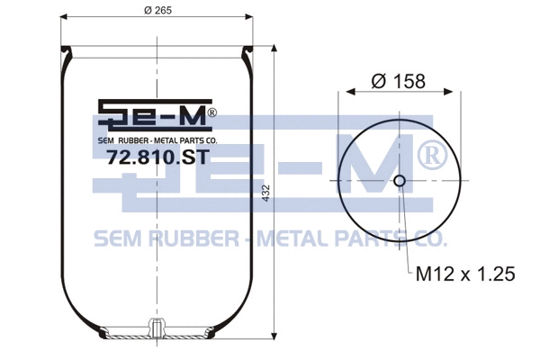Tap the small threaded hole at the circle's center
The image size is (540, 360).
400,181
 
